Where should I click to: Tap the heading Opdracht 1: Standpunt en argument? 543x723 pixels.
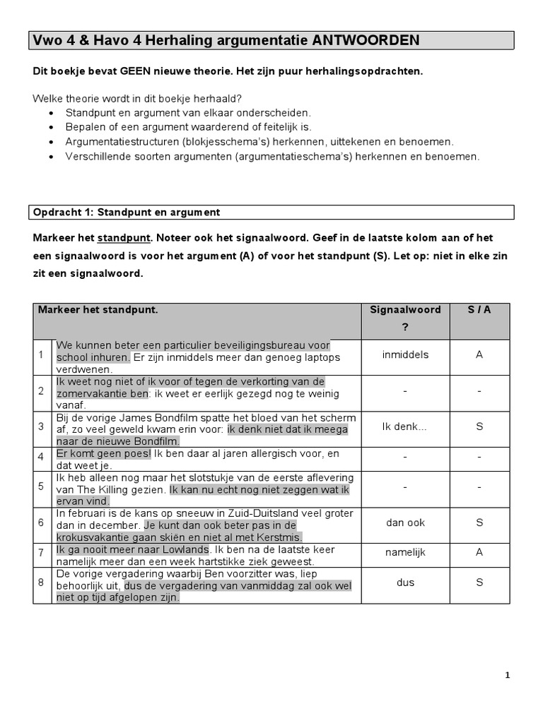click(127, 212)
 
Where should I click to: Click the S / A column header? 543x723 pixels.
click(479, 310)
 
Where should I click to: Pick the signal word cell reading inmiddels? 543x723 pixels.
click(405, 355)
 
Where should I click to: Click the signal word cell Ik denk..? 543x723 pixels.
click(404, 427)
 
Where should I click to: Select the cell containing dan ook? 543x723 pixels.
click(405, 522)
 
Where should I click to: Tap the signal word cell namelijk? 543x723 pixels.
click(405, 552)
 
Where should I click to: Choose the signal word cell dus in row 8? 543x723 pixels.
click(405, 582)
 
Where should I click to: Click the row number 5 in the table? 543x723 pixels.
click(42, 487)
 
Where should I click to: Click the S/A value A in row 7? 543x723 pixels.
click(479, 552)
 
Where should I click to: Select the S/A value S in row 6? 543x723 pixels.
click(479, 522)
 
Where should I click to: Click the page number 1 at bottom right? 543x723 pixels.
click(507, 675)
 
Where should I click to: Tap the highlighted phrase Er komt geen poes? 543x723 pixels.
click(104, 453)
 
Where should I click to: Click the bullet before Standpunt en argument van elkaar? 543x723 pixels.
click(52, 113)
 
